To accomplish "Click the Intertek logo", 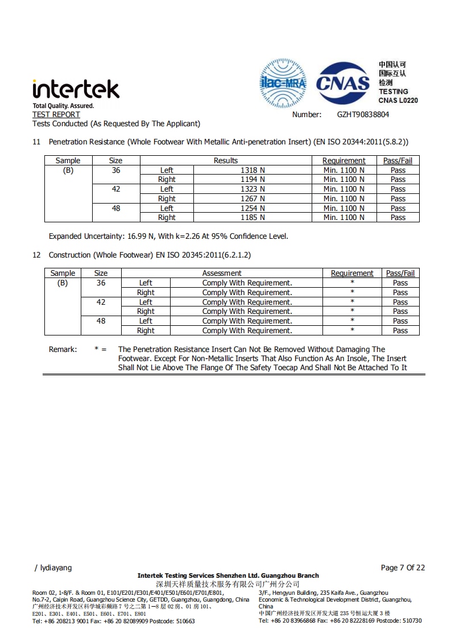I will pyautogui.click(x=76, y=89).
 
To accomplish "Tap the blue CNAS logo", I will pyautogui.click(x=343, y=84).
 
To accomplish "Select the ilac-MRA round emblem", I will pyautogui.click(x=283, y=84).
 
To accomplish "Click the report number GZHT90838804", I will pyautogui.click(x=363, y=114).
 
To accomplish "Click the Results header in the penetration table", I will pyautogui.click(x=226, y=160).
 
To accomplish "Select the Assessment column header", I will pyautogui.click(x=222, y=273).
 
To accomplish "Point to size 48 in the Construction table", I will pyautogui.click(x=101, y=321).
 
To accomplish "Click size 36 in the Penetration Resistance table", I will pyautogui.click(x=116, y=170).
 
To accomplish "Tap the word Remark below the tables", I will pyautogui.click(x=63, y=349).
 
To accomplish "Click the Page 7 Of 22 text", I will pyautogui.click(x=403, y=567).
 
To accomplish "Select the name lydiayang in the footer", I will pyautogui.click(x=55, y=567).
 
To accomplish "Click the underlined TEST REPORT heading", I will pyautogui.click(x=56, y=114).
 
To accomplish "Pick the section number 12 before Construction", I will pyautogui.click(x=36, y=255).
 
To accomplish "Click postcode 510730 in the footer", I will pyautogui.click(x=411, y=620).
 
